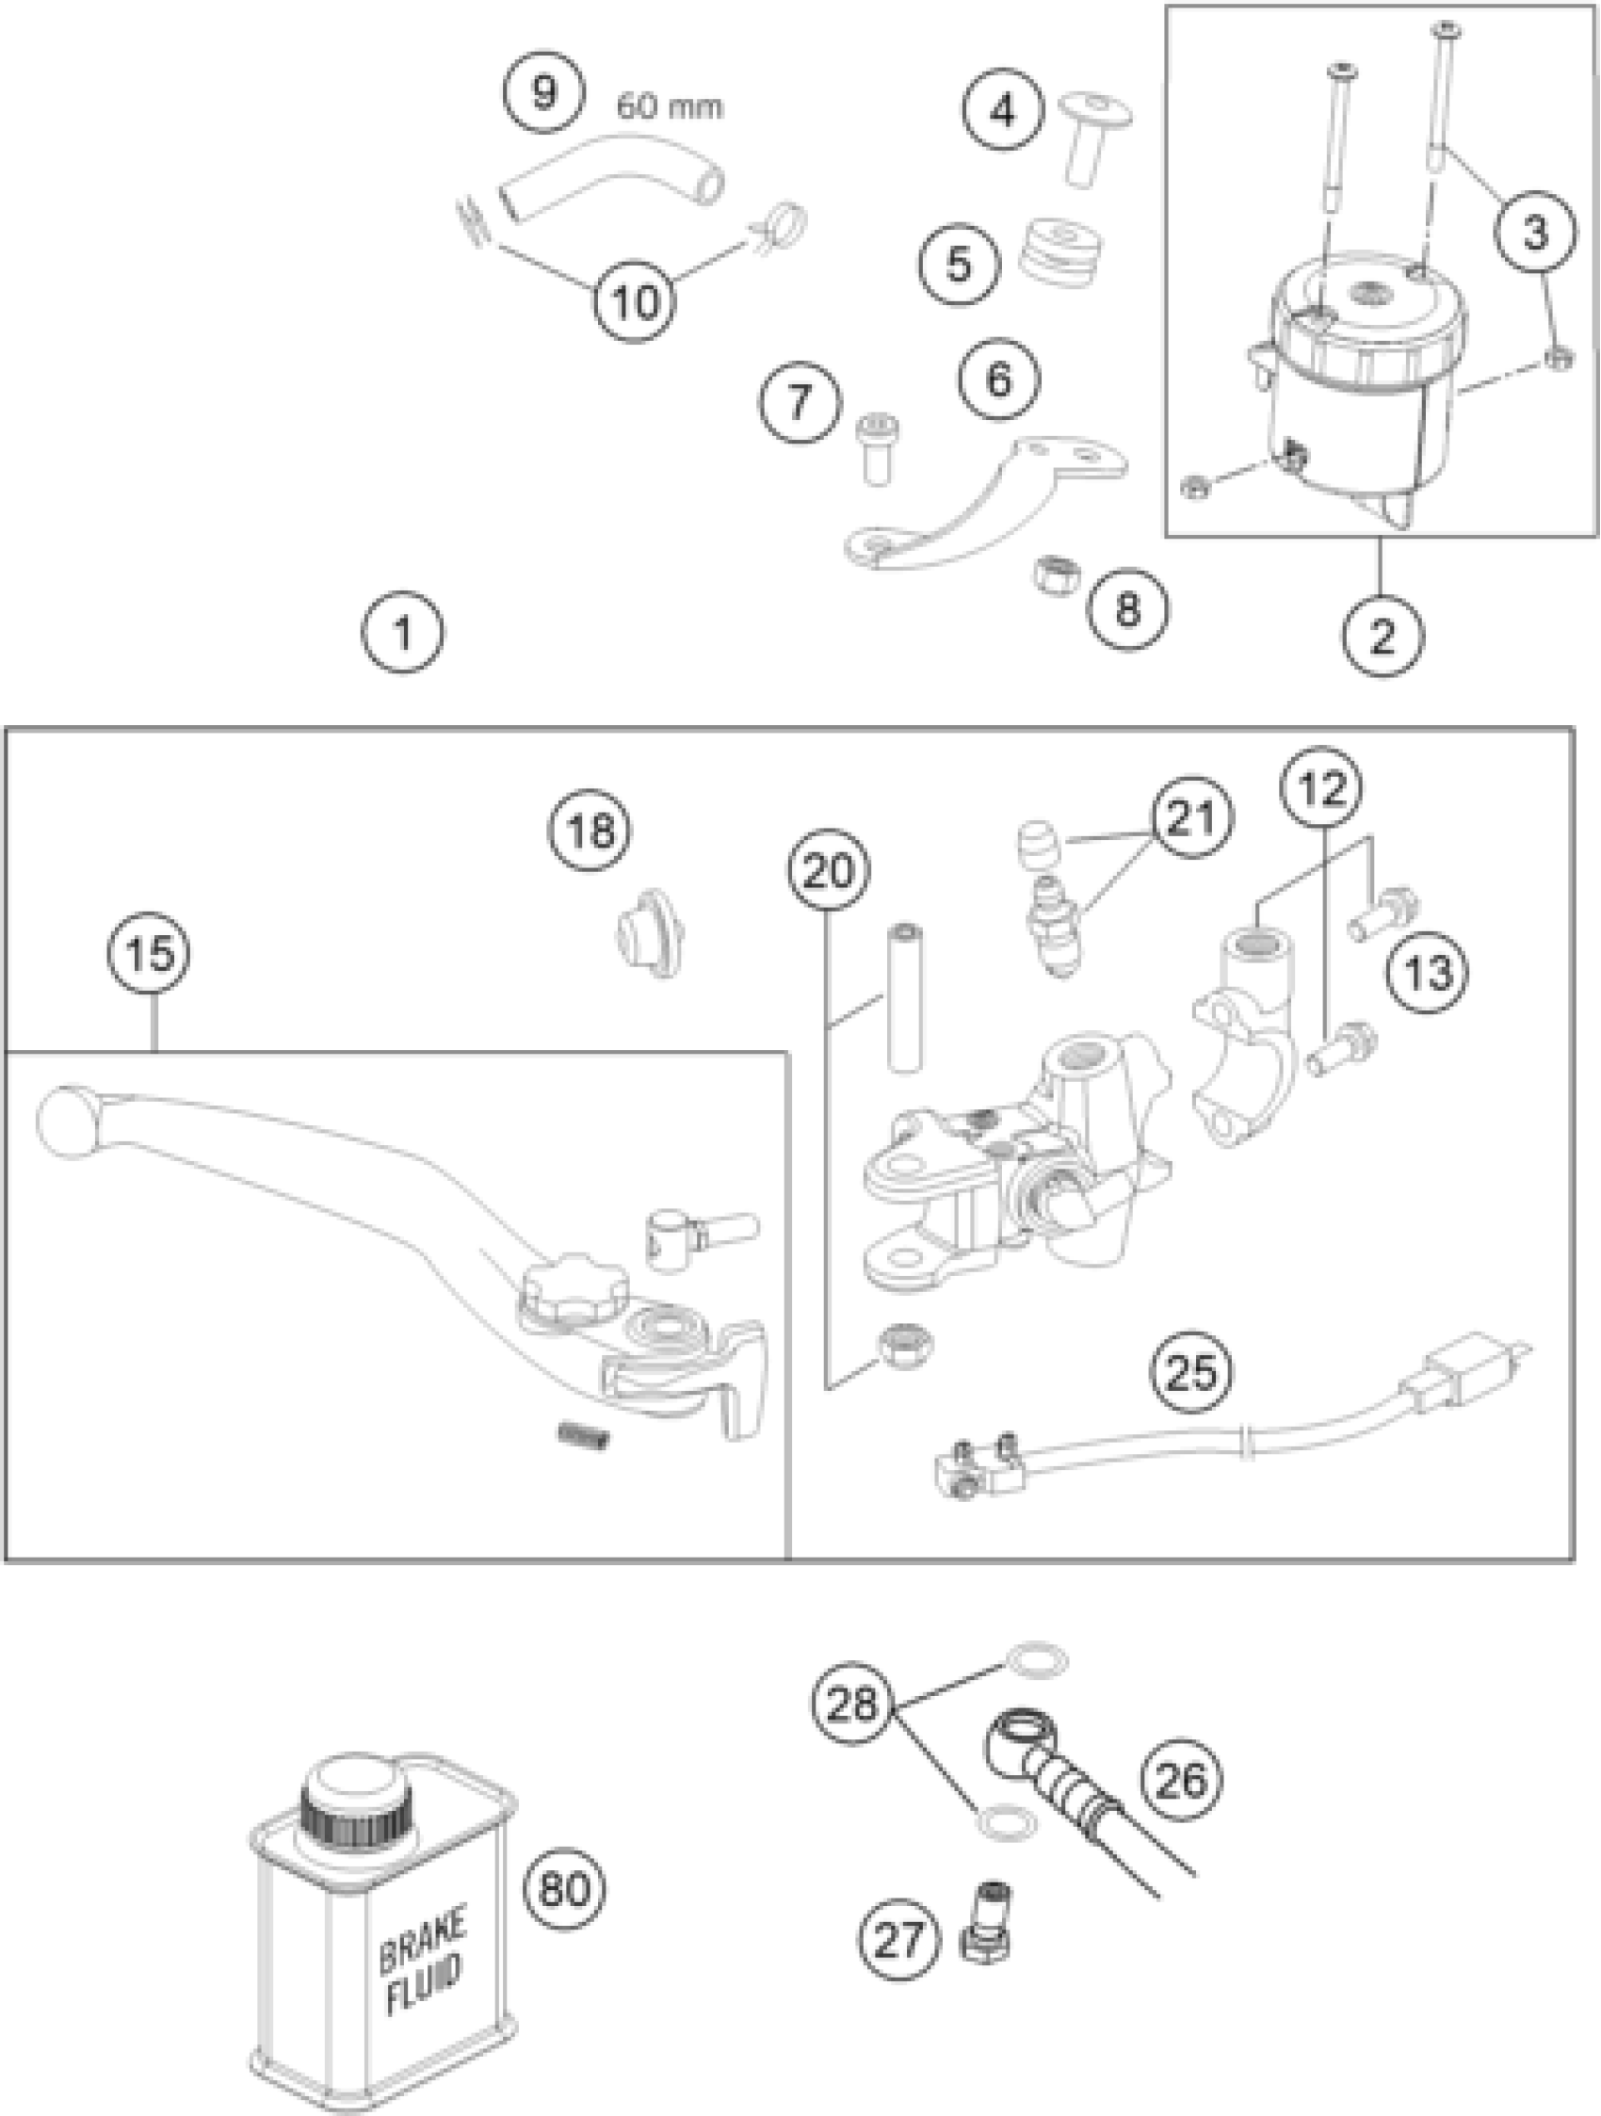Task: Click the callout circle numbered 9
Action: click(543, 93)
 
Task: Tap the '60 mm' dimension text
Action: click(669, 105)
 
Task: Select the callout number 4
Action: click(1002, 112)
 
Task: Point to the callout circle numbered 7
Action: click(799, 401)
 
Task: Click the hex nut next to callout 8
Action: click(1057, 573)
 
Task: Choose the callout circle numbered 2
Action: click(1383, 638)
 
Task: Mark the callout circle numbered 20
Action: click(829, 870)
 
